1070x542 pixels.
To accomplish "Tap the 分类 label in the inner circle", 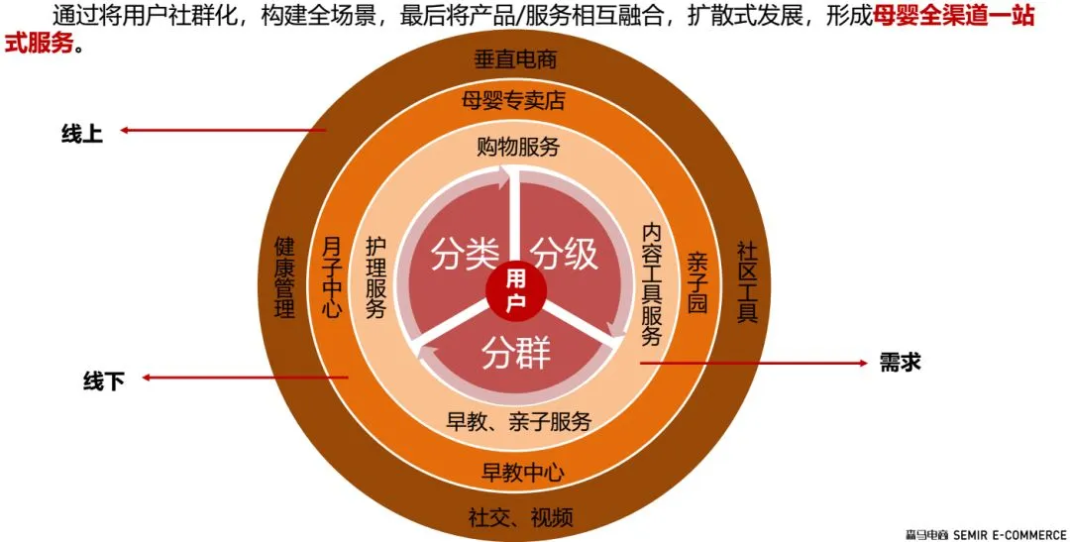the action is point(464,254).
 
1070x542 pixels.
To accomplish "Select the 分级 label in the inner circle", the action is point(566,254).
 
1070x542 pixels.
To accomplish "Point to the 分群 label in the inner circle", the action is point(515,353).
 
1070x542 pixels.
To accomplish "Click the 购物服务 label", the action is point(518,148).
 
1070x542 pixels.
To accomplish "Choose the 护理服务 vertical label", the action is point(375,277).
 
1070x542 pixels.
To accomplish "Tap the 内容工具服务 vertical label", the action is point(651,283).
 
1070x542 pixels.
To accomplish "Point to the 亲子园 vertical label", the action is point(697,282).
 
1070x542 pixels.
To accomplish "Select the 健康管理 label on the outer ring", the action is point(285,277).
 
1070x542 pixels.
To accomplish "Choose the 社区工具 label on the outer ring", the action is point(747,281).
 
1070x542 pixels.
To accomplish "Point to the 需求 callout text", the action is point(901,363).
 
